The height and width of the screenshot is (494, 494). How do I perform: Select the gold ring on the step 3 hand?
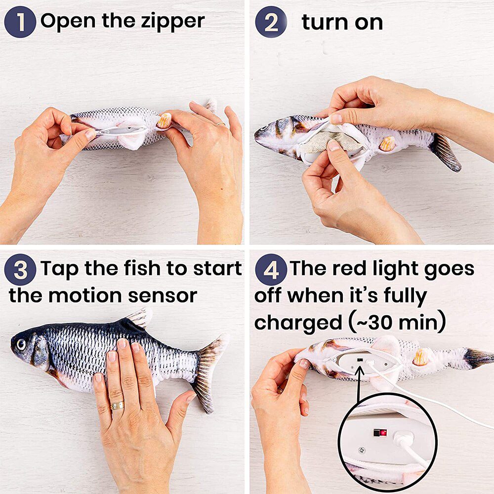(117, 405)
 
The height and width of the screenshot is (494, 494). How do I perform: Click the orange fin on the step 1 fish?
(164, 120)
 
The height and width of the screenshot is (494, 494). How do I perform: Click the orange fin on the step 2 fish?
(387, 143)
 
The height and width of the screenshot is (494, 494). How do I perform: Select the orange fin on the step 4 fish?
(420, 357)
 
